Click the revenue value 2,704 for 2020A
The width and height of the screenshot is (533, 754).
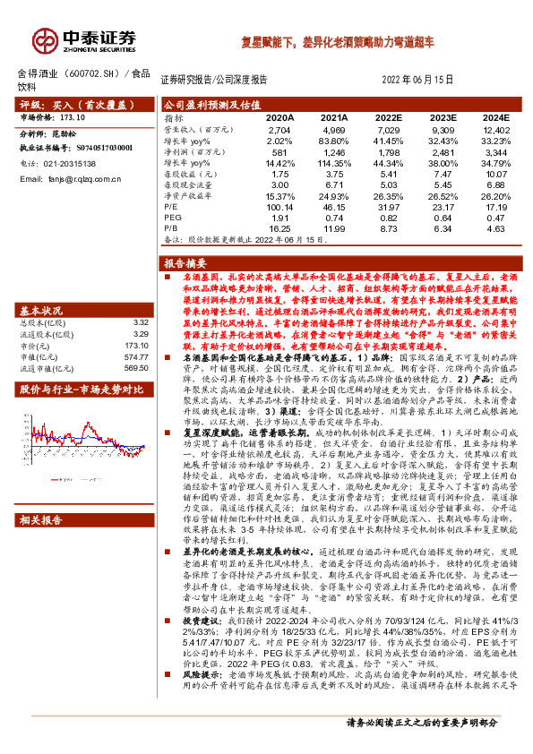point(280,130)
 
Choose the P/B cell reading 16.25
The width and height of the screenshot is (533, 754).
point(280,228)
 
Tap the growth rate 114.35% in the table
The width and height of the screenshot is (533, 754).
point(332,163)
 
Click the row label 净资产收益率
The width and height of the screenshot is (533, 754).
point(187,195)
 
